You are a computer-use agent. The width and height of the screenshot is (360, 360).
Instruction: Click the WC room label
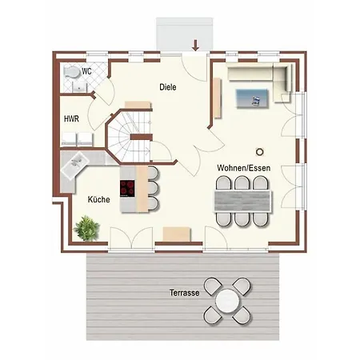coord(86,71)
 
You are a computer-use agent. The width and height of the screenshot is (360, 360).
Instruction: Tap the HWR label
coord(71,118)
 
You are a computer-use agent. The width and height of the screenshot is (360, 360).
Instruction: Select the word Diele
coord(168,87)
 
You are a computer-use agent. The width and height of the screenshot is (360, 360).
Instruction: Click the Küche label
coord(98,199)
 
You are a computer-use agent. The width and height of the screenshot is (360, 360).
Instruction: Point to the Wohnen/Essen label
coord(244,168)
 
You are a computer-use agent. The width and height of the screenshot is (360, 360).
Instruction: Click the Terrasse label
coord(185,293)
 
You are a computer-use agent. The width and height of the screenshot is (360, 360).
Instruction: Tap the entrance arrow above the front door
coord(195,45)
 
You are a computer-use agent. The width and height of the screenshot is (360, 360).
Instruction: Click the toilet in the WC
coord(72,72)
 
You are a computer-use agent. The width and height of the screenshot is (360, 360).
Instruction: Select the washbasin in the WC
coord(79,86)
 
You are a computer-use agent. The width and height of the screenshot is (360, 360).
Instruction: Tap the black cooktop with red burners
coord(127,188)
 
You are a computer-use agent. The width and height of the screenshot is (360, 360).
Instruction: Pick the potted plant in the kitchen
coord(87,228)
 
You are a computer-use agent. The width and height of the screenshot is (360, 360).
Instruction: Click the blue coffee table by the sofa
coord(252,98)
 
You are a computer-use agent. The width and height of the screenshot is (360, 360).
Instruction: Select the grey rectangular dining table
coord(243,201)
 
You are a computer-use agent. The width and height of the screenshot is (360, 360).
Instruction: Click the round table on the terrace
coord(227,301)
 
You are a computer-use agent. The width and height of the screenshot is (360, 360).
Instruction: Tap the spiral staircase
coord(130,136)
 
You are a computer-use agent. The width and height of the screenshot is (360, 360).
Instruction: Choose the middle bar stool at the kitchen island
coord(153,188)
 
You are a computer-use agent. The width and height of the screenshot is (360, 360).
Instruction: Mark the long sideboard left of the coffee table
coord(218,98)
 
